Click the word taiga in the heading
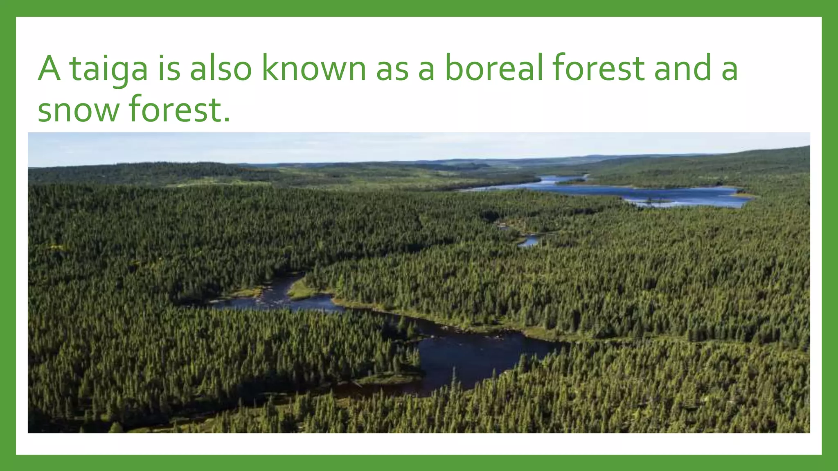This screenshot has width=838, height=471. coord(108,69)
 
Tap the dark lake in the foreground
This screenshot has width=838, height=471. coord(471,356)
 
